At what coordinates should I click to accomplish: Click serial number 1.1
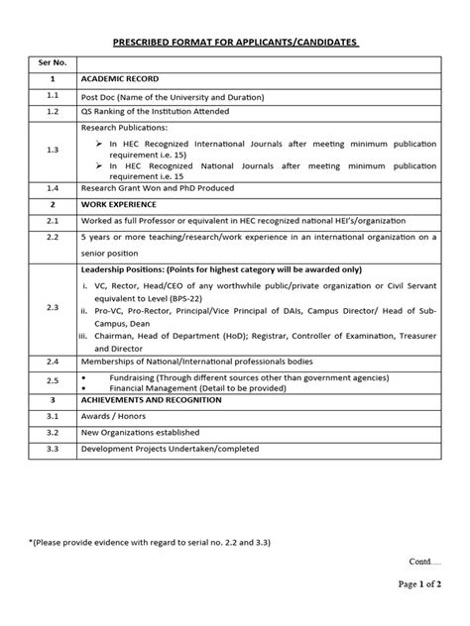pyautogui.click(x=53, y=96)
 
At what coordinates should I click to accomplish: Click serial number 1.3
pyautogui.click(x=53, y=150)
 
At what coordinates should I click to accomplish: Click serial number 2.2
pyautogui.click(x=53, y=238)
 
